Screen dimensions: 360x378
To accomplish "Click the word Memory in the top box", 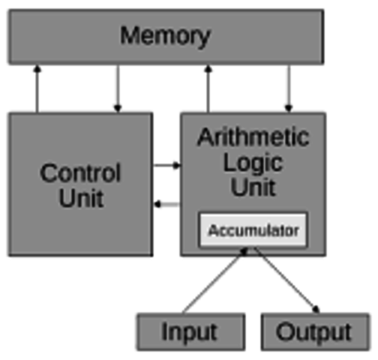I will pyautogui.click(x=165, y=35).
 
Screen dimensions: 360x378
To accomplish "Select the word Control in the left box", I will pyautogui.click(x=79, y=173).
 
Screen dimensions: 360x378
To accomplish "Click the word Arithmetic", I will pyautogui.click(x=253, y=137).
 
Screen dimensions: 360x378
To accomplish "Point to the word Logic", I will pyautogui.click(x=253, y=161).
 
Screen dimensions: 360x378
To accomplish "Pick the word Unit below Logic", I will pyautogui.click(x=253, y=186).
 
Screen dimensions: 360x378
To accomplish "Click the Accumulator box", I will pyautogui.click(x=253, y=230).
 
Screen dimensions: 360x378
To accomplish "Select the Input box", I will pyautogui.click(x=190, y=331).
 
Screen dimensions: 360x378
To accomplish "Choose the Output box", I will pyautogui.click(x=314, y=331).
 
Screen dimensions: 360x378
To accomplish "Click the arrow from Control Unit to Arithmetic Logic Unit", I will pyautogui.click(x=166, y=165).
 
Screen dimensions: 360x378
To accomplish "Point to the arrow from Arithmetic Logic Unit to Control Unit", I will pyautogui.click(x=166, y=203).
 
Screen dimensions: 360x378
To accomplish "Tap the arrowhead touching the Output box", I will pyautogui.click(x=316, y=307).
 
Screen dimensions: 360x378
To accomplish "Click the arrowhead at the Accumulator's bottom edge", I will pyautogui.click(x=243, y=252).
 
